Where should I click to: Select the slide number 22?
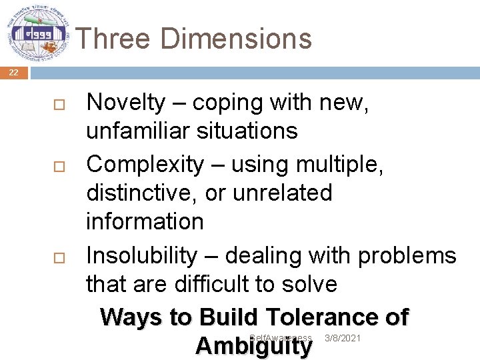[x=14, y=73]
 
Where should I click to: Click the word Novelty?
[x=126, y=103]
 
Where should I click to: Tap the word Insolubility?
[x=142, y=255]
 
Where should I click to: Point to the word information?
[x=145, y=221]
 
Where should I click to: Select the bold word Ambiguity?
[x=253, y=347]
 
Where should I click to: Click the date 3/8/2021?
[x=342, y=339]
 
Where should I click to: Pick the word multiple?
[x=337, y=164]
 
